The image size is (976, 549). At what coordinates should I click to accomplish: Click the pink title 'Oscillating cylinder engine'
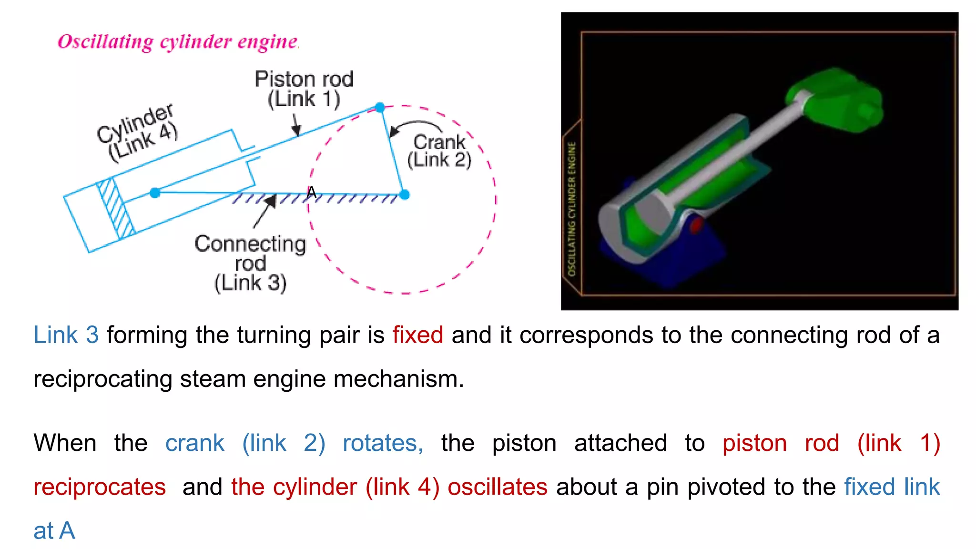178,42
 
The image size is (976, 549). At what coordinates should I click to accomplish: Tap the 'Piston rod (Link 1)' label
304,89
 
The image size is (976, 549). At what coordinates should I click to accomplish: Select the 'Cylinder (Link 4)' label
138,133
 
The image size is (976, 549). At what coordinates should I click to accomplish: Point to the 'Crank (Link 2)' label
439,151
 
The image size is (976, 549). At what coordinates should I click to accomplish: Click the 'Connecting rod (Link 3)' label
250,263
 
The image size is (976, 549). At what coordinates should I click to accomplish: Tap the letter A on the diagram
311,192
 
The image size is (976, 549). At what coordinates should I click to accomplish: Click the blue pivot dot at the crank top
380,107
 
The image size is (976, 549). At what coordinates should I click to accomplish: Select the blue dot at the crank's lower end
405,194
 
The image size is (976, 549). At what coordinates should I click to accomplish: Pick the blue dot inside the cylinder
155,193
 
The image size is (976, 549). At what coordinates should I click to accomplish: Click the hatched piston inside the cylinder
116,208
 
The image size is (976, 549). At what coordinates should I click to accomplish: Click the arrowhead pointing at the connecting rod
270,202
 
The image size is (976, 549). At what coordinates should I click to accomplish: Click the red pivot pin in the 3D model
696,224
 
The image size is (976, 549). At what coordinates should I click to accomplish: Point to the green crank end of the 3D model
839,100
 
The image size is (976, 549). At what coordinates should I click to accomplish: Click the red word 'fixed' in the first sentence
417,335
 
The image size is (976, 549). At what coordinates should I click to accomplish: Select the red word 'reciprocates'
100,487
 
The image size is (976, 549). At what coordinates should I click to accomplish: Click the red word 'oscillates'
497,487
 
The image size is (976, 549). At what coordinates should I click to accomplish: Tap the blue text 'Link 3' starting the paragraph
66,335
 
